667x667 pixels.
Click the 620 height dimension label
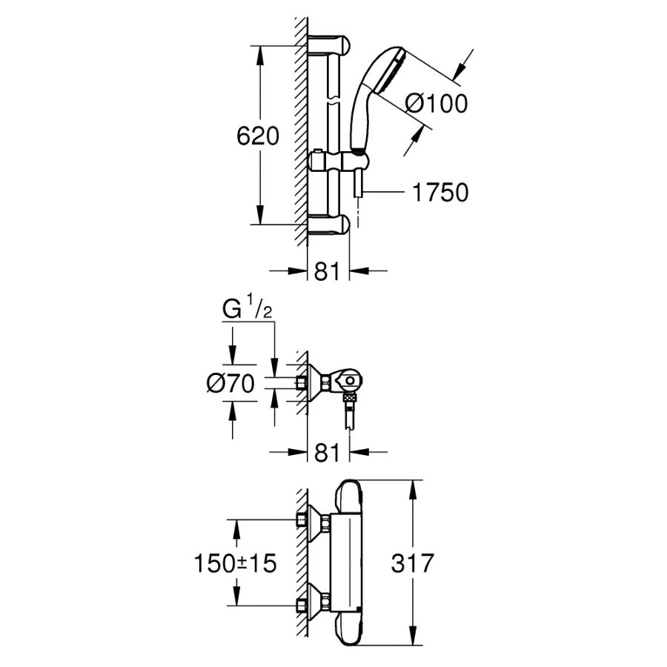[x=258, y=136]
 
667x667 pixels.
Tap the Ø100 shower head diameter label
[x=437, y=103]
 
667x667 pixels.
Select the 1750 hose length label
[x=440, y=192]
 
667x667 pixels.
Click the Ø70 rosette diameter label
[x=230, y=383]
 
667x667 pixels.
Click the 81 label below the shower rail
[x=327, y=271]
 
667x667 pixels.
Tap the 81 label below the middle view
[x=327, y=453]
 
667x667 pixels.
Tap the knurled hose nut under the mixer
[x=350, y=398]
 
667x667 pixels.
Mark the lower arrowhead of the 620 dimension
[x=259, y=215]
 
